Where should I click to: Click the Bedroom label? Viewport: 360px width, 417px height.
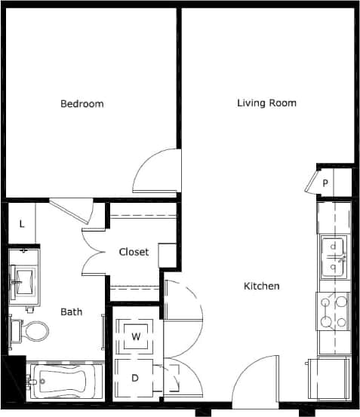click(82, 103)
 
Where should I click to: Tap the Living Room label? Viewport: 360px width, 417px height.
click(266, 103)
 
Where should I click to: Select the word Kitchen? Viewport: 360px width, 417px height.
click(262, 286)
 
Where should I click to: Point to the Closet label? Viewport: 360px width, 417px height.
click(134, 252)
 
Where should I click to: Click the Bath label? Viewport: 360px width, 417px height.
click(72, 311)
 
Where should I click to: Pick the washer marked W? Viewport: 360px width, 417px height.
click(137, 336)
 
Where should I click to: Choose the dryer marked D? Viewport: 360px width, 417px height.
click(136, 378)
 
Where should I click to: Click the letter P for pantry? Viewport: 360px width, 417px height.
click(325, 182)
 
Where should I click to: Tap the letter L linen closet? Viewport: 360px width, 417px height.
click(22, 223)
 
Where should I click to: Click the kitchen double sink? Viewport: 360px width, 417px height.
click(333, 257)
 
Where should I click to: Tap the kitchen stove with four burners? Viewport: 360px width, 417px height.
click(333, 312)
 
